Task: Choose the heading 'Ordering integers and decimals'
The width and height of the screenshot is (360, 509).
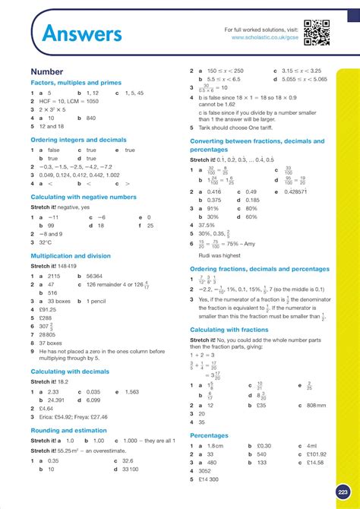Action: click(77, 141)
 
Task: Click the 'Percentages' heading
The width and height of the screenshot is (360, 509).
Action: click(209, 435)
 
